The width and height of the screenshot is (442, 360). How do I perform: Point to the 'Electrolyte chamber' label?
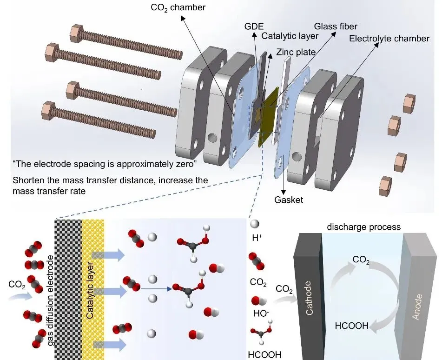(389, 38)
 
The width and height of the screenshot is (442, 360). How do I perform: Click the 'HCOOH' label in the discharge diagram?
(352, 326)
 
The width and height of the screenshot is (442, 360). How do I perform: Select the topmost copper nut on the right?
(409, 101)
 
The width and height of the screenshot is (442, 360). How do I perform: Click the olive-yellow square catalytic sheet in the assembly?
(268, 109)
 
